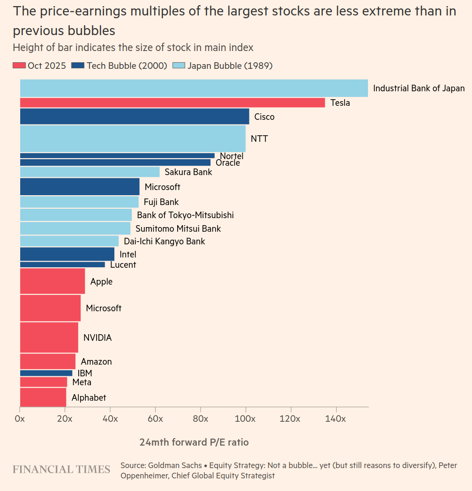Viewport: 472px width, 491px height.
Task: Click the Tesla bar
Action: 172,103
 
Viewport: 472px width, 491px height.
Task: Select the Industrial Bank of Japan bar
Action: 194,88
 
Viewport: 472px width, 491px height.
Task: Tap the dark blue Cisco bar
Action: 134,117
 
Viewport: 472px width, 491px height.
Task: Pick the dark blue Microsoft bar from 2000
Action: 80,187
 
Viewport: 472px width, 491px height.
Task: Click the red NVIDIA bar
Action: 49,337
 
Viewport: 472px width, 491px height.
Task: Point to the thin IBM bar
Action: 46,373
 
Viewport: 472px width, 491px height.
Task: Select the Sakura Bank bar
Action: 90,172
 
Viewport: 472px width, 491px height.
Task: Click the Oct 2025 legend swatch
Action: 19,66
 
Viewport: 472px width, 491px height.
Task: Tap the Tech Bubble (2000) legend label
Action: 127,66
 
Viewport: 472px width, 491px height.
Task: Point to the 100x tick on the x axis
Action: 246,418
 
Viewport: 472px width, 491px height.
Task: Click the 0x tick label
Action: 20,418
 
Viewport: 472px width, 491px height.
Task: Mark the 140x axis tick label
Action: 336,418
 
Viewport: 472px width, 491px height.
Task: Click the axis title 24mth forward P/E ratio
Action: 194,442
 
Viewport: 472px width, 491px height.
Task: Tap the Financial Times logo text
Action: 61,469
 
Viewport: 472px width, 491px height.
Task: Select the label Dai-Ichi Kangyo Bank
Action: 164,242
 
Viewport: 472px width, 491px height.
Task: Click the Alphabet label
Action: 89,398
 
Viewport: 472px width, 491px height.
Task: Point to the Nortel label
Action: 232,156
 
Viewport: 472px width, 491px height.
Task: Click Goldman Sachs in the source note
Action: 175,466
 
